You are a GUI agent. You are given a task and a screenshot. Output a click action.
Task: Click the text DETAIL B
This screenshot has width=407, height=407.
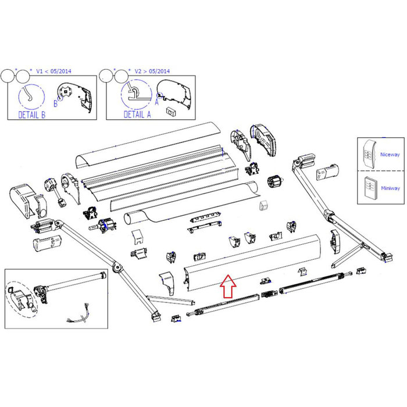(31, 115)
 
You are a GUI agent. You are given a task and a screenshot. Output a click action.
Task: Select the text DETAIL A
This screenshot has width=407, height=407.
(137, 115)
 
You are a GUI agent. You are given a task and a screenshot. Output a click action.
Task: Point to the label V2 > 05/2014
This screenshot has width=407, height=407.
(155, 71)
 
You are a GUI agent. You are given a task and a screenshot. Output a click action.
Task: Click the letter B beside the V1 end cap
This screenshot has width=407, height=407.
(56, 104)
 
